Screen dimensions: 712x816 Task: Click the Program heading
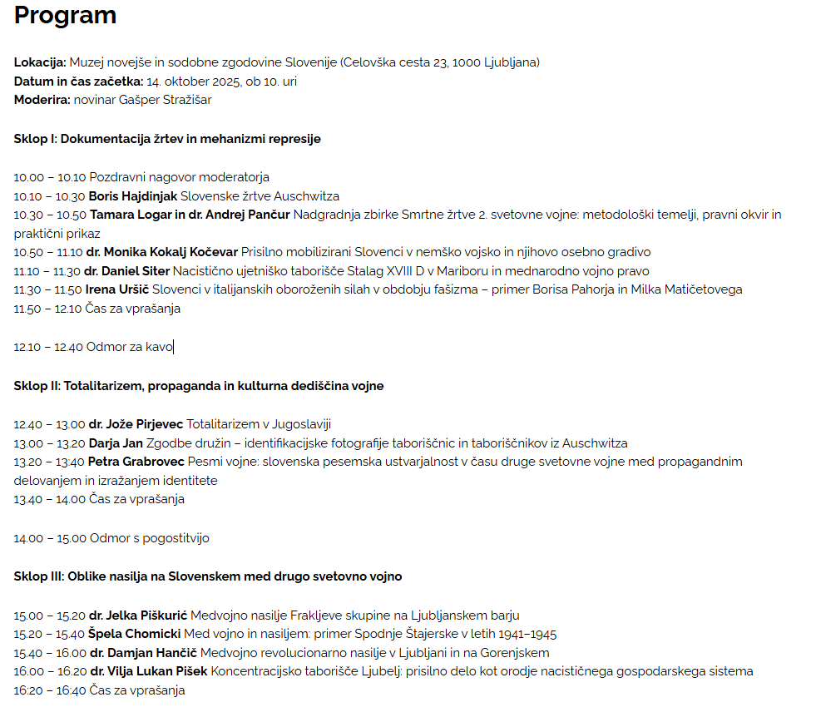[x=65, y=16]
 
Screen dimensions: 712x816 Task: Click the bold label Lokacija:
[x=40, y=62]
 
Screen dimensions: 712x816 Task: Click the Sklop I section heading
[x=167, y=139]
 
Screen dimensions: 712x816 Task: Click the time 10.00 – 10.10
[x=50, y=177]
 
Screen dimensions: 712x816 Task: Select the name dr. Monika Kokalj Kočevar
[x=161, y=252]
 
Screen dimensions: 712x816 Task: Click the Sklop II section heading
[x=199, y=386]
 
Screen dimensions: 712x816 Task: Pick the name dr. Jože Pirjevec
[x=136, y=424]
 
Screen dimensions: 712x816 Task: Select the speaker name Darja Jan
[x=116, y=443]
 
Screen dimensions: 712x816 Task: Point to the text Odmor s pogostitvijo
[x=150, y=538]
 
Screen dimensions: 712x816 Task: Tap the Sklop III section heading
[x=208, y=576]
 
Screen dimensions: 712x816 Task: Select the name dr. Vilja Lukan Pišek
[x=148, y=671]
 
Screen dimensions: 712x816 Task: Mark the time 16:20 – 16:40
[x=49, y=690]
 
